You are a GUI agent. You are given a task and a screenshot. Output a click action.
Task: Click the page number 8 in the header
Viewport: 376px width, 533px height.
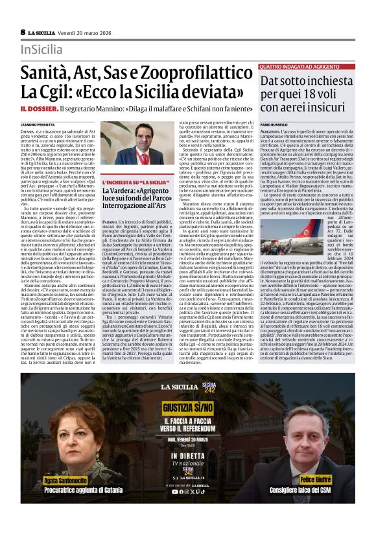pyautogui.click(x=23, y=32)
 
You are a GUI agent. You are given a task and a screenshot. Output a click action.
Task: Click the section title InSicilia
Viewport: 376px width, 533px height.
pyautogui.click(x=42, y=49)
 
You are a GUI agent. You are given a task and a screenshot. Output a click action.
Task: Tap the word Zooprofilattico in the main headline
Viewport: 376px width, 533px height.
pyautogui.click(x=196, y=73)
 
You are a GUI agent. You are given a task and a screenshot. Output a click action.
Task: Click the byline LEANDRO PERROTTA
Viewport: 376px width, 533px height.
pyautogui.click(x=38, y=124)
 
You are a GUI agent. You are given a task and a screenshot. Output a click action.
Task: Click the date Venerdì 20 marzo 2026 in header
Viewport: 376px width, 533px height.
pyautogui.click(x=86, y=32)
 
